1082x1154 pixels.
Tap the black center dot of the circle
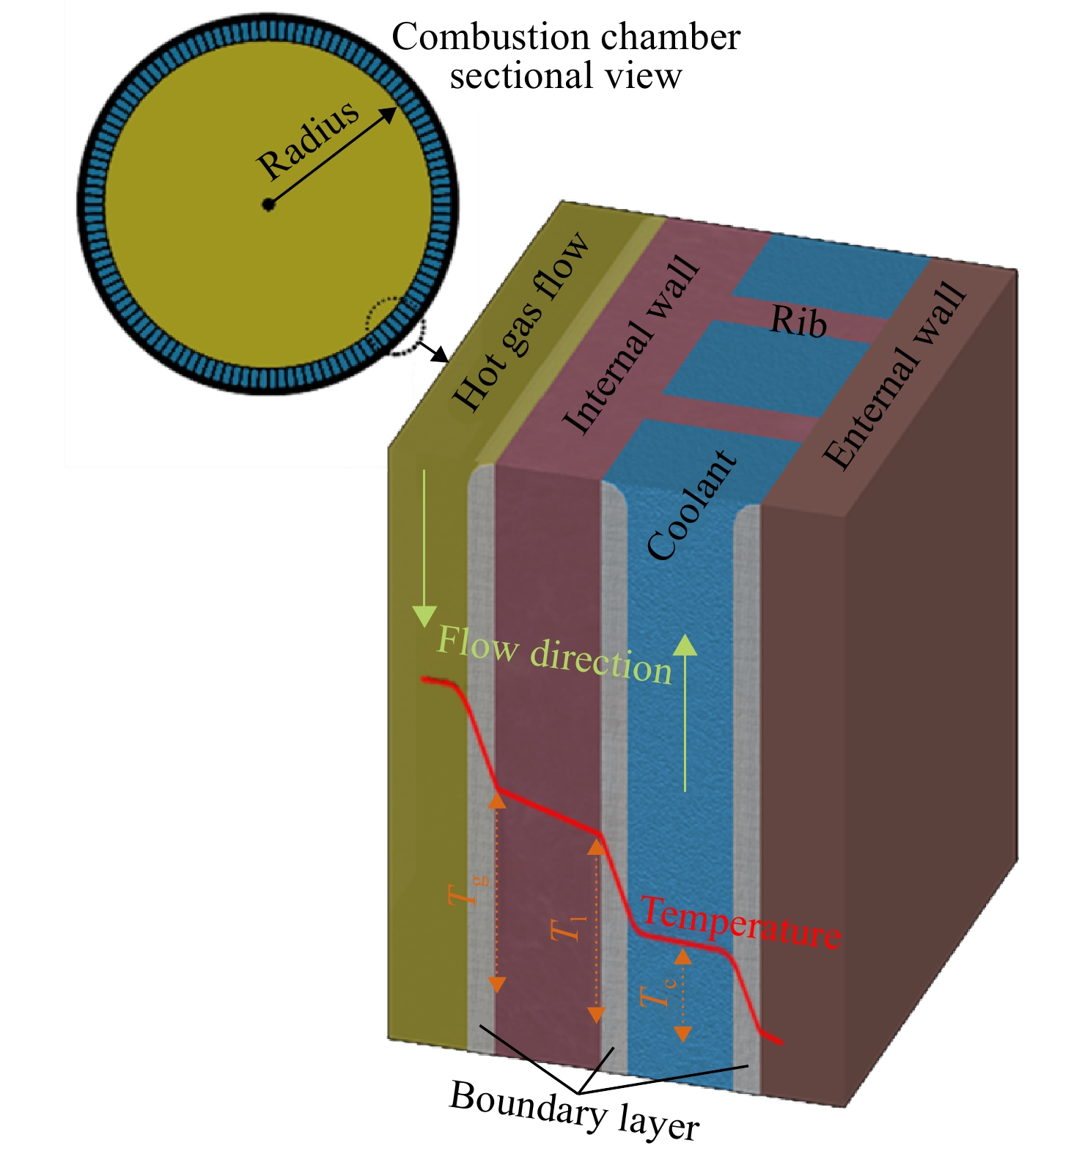[x=269, y=205]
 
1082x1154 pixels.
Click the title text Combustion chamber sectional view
[x=566, y=56]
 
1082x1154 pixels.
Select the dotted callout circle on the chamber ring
[x=396, y=326]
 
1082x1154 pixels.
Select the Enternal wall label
[x=894, y=375]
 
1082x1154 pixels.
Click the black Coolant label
[x=691, y=505]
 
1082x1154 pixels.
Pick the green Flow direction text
[x=554, y=654]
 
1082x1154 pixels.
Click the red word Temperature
[x=740, y=922]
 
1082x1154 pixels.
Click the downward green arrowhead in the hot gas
[x=424, y=617]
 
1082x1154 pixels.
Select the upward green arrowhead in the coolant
[x=685, y=644]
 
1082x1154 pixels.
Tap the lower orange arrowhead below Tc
[x=682, y=1034]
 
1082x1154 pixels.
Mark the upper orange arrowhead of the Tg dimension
[x=497, y=801]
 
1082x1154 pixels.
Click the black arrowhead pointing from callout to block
[x=440, y=356]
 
